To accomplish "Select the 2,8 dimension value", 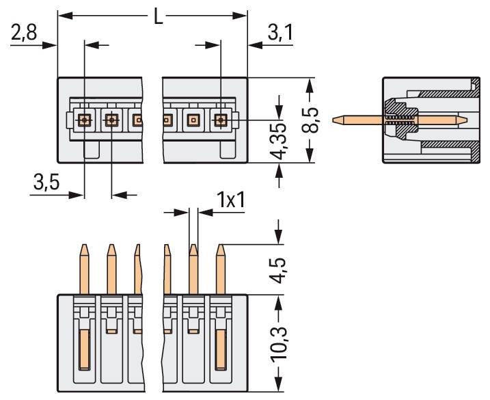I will [x=24, y=33].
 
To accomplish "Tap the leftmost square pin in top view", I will [x=84, y=120].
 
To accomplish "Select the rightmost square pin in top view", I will [x=220, y=120].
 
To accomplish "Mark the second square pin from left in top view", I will [x=111, y=120].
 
